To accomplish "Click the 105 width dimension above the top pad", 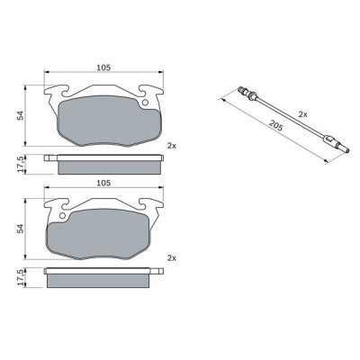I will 103,67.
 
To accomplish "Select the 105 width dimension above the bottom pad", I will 103,184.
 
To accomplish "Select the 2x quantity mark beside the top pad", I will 171,144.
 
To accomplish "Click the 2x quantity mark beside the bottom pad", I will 171,258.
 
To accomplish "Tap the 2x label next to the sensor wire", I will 302,114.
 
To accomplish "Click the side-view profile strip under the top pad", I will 108,165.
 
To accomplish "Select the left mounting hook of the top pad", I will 54,92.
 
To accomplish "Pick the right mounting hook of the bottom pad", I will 155,206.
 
